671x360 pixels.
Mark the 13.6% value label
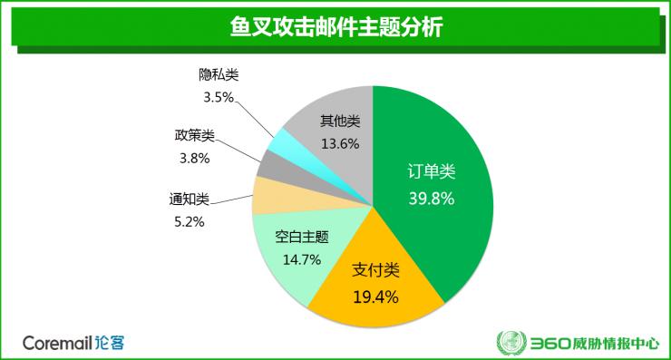340,143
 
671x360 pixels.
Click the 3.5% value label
218,95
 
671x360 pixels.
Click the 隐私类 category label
219,74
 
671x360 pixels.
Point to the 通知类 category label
189,199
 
